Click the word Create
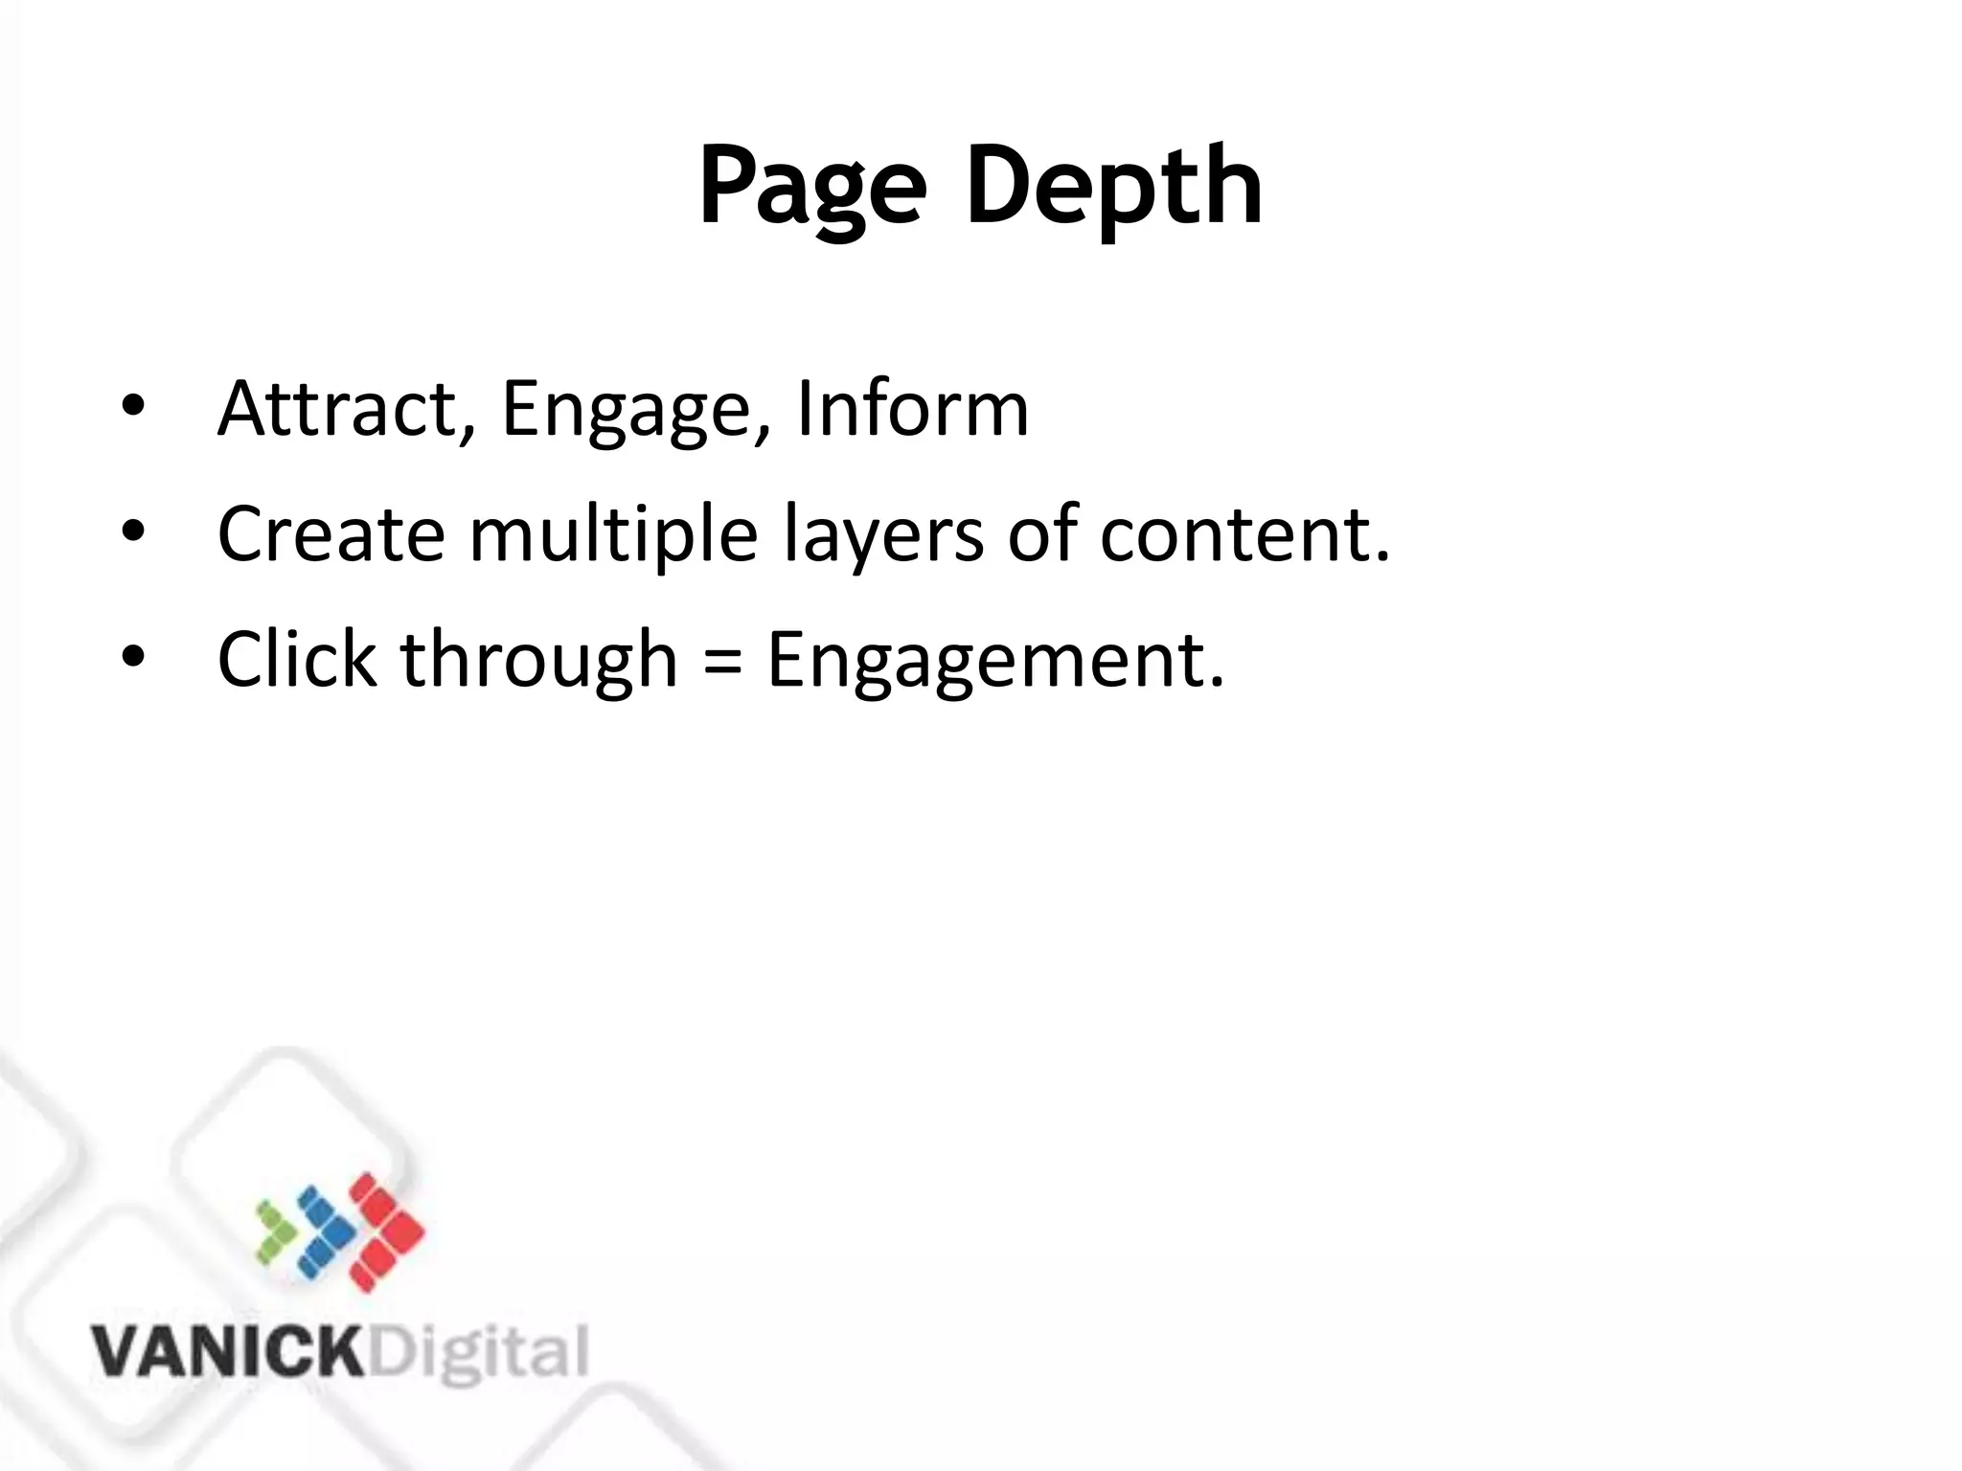coord(331,533)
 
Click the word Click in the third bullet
coord(297,659)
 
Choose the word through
coord(539,661)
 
